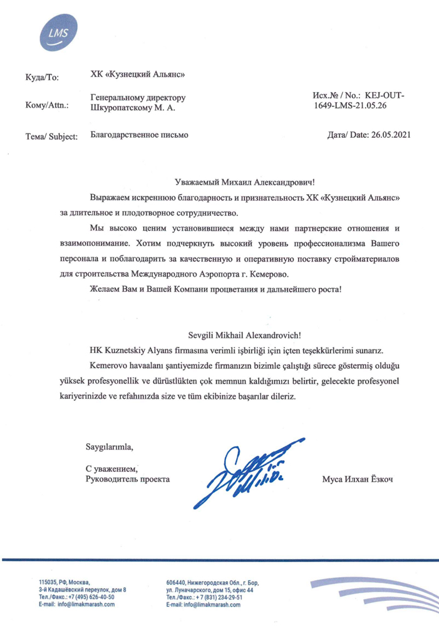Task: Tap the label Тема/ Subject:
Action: [x=51, y=135]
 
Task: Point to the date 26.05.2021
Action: [x=391, y=135]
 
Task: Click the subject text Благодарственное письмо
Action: [x=139, y=134]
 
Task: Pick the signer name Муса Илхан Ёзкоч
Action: [x=360, y=480]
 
